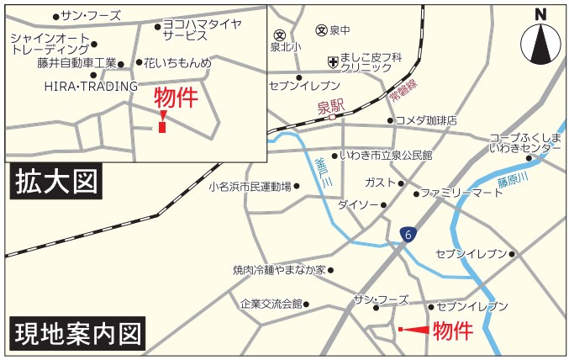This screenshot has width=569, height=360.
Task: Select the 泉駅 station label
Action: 331,107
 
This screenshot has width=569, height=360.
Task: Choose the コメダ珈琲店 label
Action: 426,120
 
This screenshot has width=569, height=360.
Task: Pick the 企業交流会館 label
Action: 271,304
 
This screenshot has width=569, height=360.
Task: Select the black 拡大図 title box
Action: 55,183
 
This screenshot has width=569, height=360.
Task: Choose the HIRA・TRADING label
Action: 89,86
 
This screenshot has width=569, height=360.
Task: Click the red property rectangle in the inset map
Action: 161,127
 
